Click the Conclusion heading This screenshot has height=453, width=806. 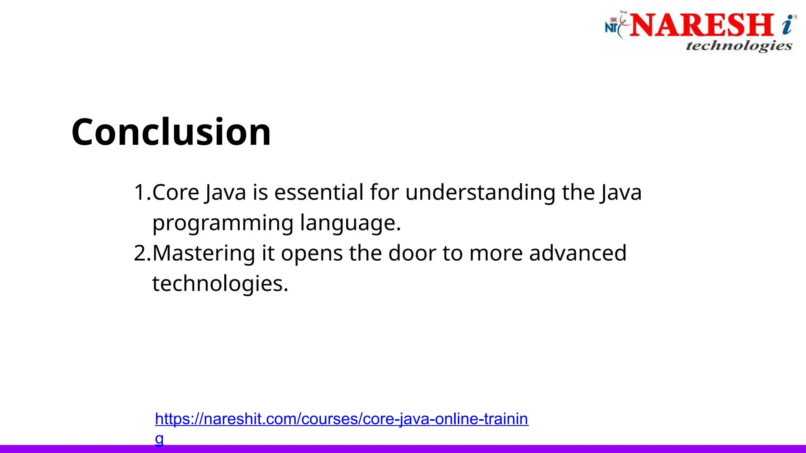tap(171, 132)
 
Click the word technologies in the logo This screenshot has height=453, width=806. tap(739, 46)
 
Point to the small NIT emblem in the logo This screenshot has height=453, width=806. tap(612, 26)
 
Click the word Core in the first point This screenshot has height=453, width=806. tap(176, 193)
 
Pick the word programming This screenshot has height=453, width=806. tap(223, 223)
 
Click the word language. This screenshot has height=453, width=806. tap(350, 223)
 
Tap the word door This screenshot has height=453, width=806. tap(412, 253)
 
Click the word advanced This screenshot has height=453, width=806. tap(577, 253)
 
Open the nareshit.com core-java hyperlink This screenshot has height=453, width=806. tap(341, 419)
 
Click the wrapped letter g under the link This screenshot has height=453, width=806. tap(159, 438)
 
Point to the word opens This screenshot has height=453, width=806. tap(311, 254)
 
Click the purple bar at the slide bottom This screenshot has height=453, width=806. tap(472, 449)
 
